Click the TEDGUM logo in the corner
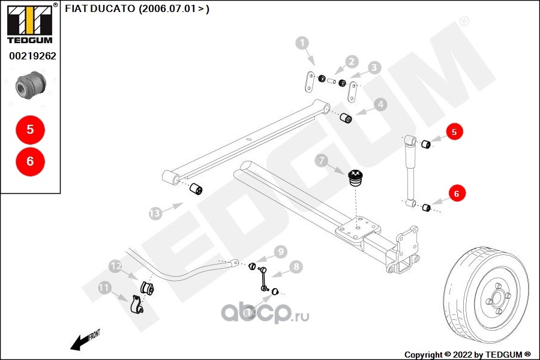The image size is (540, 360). click(x=30, y=24)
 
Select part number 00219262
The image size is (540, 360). click(x=32, y=56)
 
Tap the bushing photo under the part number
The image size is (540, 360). click(x=31, y=85)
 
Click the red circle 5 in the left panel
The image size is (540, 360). click(x=31, y=130)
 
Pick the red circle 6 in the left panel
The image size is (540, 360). click(x=31, y=161)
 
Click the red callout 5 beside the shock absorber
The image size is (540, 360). click(x=454, y=131)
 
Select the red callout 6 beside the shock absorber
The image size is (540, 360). click(x=457, y=194)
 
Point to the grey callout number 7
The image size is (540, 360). click(x=322, y=160)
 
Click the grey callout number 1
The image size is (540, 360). click(x=302, y=43)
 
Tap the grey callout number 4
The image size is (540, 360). click(x=380, y=104)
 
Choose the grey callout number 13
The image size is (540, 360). click(x=155, y=214)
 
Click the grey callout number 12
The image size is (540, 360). click(x=115, y=266)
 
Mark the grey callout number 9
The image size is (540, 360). click(x=281, y=252)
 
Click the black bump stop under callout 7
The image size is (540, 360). click(x=354, y=178)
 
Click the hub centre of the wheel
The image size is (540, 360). click(x=497, y=298)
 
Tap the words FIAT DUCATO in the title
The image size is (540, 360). click(x=100, y=8)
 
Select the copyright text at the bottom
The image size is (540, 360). click(x=467, y=355)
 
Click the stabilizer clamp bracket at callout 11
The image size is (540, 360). click(x=137, y=304)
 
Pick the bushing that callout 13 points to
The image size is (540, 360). click(x=196, y=189)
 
